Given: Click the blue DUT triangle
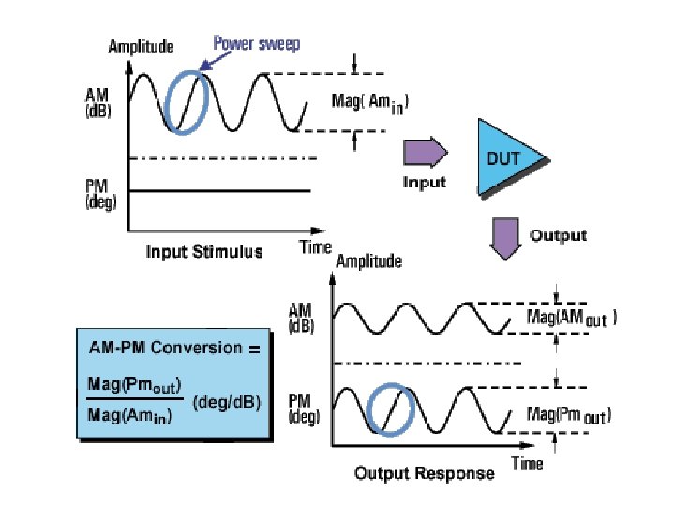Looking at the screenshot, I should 506,158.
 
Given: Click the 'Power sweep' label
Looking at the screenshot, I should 256,43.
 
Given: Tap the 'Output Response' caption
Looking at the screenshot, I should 424,473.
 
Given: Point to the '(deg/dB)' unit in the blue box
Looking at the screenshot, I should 226,403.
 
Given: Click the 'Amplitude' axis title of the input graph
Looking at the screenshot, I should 142,46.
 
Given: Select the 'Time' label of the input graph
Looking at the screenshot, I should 316,247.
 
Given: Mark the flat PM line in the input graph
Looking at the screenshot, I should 219,191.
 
